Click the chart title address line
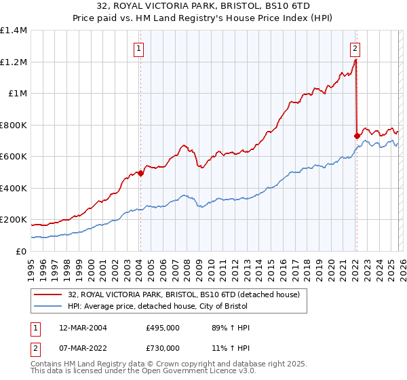click(x=203, y=7)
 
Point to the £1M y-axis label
click(x=17, y=94)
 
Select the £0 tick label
click(x=20, y=251)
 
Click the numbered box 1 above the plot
click(x=139, y=48)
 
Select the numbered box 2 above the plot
click(x=355, y=48)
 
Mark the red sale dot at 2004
click(x=140, y=173)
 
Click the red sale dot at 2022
click(x=356, y=136)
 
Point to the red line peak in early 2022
click(x=355, y=60)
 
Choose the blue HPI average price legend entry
click(x=162, y=307)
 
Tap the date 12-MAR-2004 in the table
click(x=82, y=328)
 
